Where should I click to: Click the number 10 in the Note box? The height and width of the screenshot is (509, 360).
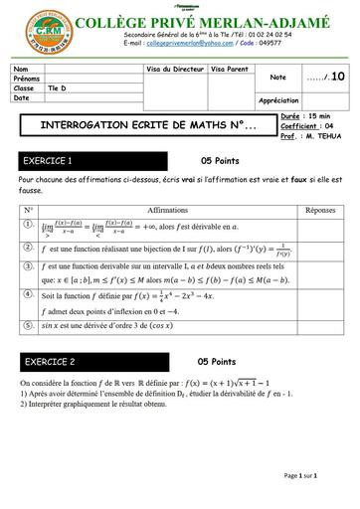pos(338,77)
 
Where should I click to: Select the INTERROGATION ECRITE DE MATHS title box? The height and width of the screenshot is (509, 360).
pos(139,126)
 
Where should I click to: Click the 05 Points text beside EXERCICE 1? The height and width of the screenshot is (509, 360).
pos(221,160)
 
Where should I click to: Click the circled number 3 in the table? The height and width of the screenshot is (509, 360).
pos(30,267)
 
